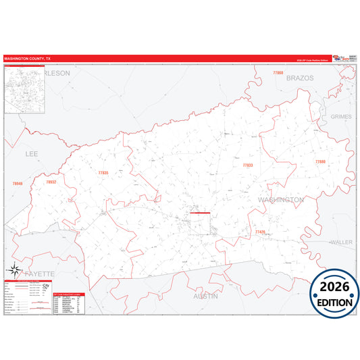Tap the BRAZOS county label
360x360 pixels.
(301, 78)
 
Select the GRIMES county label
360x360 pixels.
(341, 117)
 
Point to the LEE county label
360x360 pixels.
(32, 154)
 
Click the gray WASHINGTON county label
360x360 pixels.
(280, 201)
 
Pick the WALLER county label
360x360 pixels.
(341, 241)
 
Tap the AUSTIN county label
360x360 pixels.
(206, 296)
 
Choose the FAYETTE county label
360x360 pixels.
(39, 274)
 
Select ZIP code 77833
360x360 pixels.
(248, 165)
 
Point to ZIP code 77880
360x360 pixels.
(319, 162)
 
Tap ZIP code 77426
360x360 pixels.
(261, 232)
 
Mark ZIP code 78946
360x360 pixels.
(18, 183)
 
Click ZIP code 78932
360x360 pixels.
(51, 182)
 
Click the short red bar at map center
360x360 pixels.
(200, 213)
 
